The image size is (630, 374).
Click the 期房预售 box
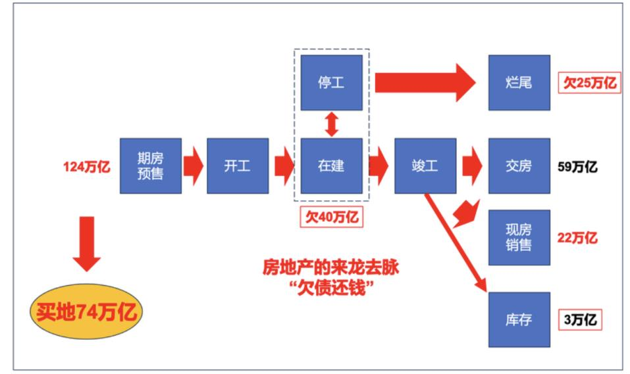click(150, 166)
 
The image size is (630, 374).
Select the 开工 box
click(238, 166)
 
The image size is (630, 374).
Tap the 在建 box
click(331, 166)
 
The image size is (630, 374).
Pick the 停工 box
click(331, 83)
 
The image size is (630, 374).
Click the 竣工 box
click(425, 166)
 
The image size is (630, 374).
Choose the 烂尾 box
click(519, 83)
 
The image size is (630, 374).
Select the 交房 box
click(519, 166)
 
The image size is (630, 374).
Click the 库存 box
click(519, 320)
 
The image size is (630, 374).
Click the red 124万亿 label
click(86, 167)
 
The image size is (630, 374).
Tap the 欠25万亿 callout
click(589, 83)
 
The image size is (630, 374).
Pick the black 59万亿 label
click(577, 167)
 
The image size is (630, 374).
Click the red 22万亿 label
click(577, 237)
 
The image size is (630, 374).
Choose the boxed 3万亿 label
click(580, 320)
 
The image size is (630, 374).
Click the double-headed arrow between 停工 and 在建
click(331, 124)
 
